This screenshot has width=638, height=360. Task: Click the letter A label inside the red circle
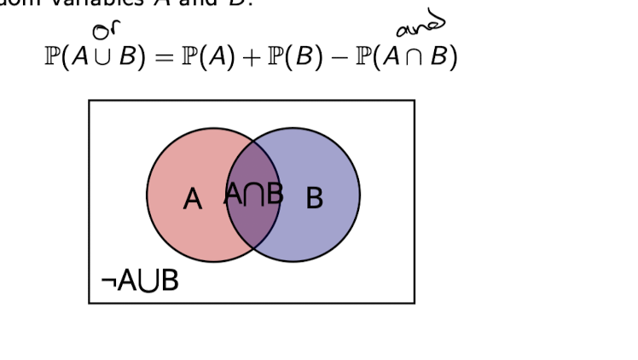[x=193, y=200]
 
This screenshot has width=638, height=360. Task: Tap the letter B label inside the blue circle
[x=314, y=198]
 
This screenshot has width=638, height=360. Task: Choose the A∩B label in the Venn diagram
[x=253, y=195]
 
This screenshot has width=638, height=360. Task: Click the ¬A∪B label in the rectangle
[x=139, y=280]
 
